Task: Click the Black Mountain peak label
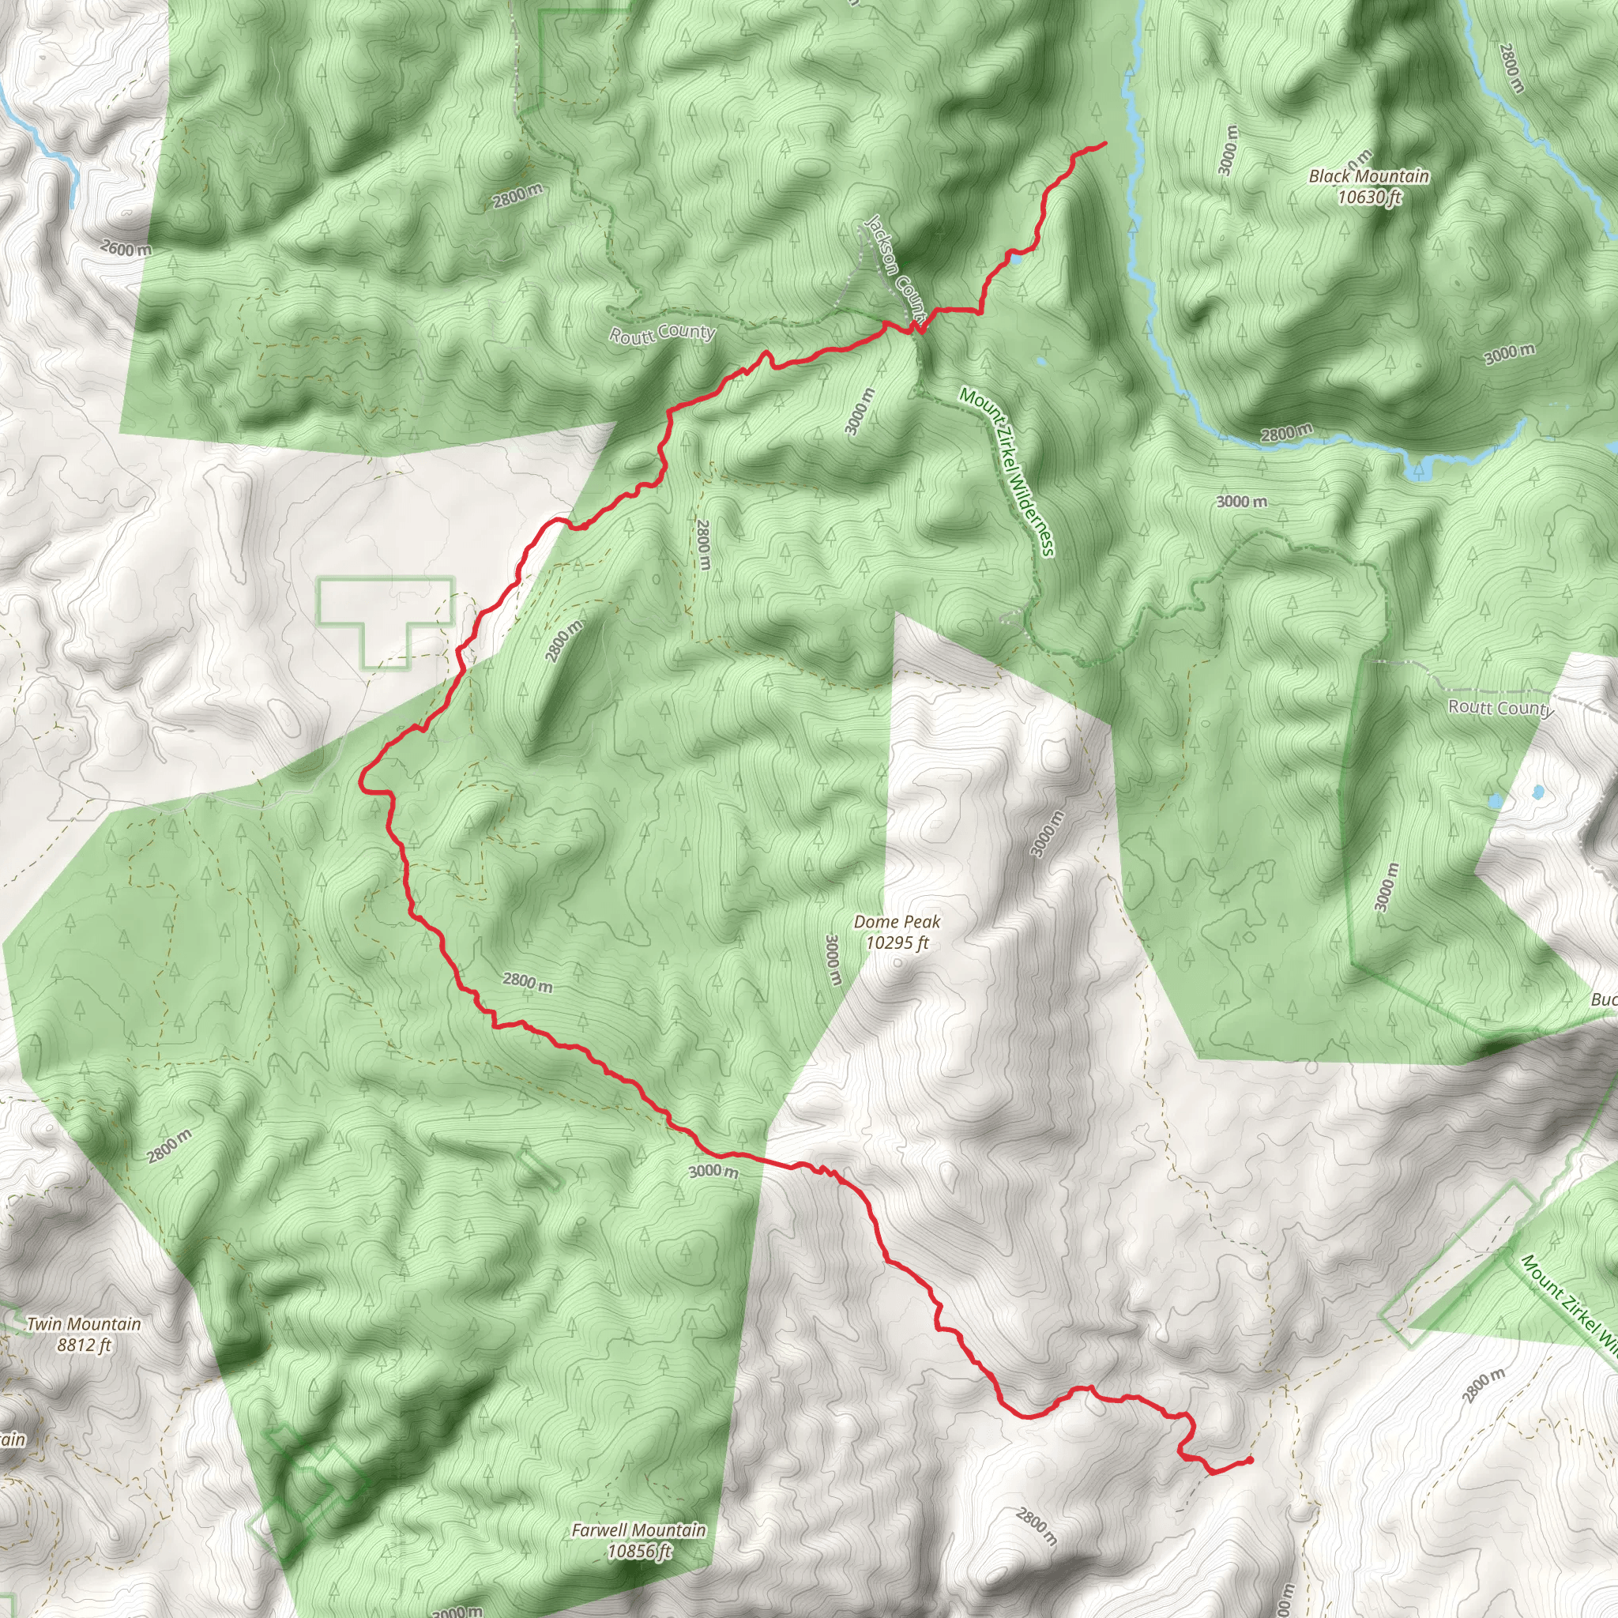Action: (x=1368, y=176)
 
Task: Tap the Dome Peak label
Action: (x=897, y=922)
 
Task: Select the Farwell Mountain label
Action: (x=638, y=1507)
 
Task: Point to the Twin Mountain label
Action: (x=84, y=1324)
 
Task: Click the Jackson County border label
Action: (x=895, y=268)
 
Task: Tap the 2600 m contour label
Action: (x=126, y=249)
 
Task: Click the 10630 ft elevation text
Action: (x=1368, y=198)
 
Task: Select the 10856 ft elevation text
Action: (x=640, y=1529)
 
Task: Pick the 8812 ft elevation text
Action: (x=84, y=1345)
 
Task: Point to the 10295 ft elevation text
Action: (x=897, y=943)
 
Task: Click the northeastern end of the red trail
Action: (x=1104, y=144)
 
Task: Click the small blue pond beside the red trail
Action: (x=1015, y=260)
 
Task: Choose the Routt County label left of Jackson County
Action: (x=661, y=333)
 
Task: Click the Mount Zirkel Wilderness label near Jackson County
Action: (x=1007, y=472)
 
